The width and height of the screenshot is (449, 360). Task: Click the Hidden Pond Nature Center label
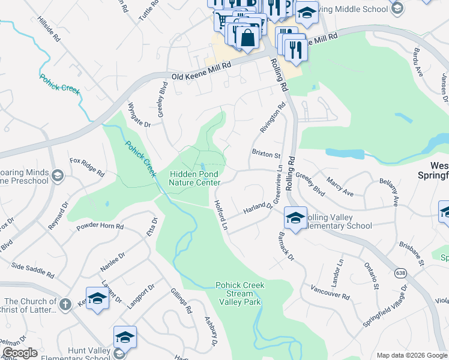194,178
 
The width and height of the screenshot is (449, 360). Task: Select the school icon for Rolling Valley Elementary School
295,218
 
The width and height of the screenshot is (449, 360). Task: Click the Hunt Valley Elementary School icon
125,338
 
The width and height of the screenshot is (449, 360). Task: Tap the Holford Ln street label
221,213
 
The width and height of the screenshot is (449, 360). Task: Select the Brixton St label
267,154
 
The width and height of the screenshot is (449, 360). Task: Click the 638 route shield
399,274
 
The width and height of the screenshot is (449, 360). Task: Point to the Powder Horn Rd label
100,227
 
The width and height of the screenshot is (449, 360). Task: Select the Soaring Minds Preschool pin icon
58,176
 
